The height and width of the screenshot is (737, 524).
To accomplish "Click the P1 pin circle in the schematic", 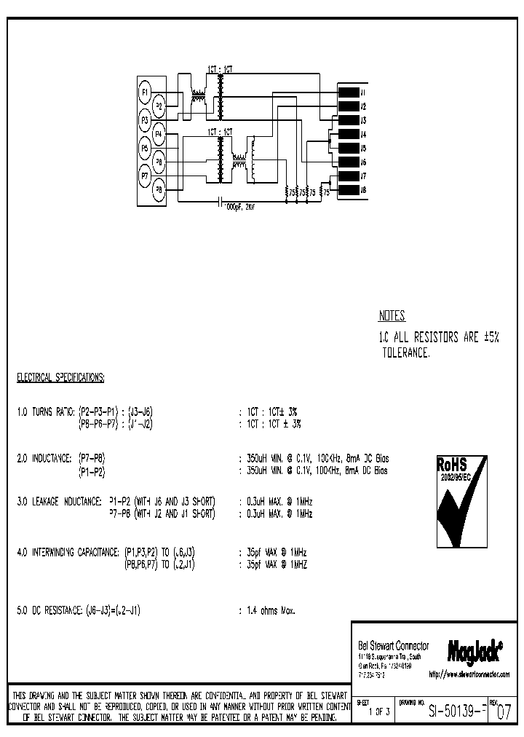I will pos(146,92).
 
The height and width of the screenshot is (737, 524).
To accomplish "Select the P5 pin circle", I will pos(146,148).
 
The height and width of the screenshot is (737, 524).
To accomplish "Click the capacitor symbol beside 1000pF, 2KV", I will pos(220,203).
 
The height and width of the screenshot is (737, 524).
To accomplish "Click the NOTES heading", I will pos(392,316).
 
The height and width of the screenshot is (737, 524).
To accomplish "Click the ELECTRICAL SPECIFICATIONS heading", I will pos(60,377).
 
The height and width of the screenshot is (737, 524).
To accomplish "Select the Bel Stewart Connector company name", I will pos(394,646).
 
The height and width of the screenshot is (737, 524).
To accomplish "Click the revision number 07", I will pos(504,713).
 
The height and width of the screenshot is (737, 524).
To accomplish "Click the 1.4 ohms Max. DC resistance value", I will pos(271,610).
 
